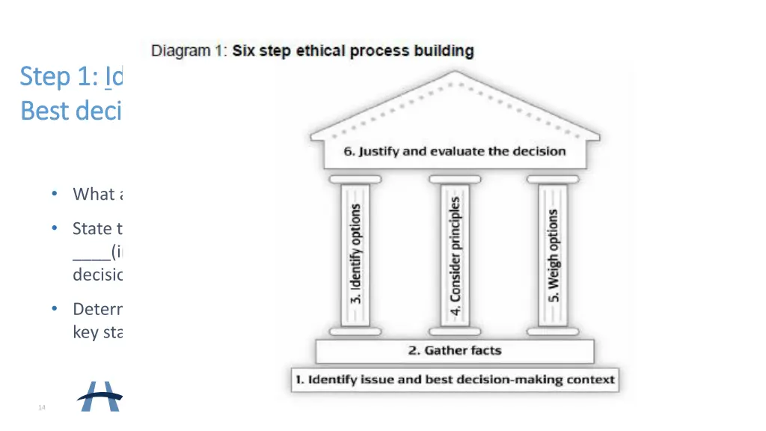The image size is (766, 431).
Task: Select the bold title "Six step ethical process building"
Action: (353, 52)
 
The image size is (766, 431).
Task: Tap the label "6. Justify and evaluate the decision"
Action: (455, 151)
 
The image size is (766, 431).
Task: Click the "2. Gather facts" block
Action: (455, 351)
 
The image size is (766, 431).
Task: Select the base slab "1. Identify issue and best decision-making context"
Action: (455, 379)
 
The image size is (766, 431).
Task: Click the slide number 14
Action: (42, 407)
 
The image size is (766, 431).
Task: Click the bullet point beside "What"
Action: (55, 194)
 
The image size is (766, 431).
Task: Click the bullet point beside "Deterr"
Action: (55, 309)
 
